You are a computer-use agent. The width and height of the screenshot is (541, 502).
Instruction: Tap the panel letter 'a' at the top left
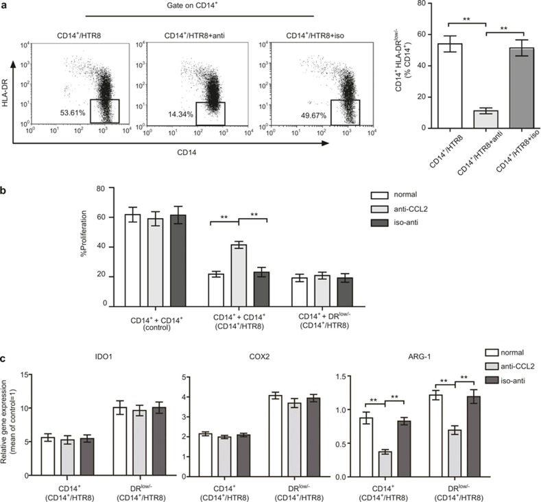pos(5,6)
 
